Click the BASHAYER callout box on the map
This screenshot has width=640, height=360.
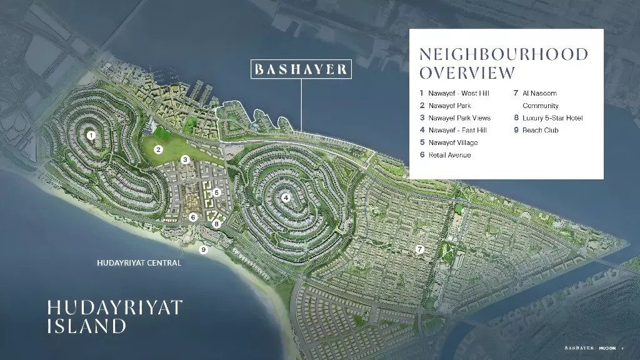pos(301,69)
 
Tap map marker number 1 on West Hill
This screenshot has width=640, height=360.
pos(91,134)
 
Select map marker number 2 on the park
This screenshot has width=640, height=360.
pos(159,149)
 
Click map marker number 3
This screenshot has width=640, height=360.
pos(185,160)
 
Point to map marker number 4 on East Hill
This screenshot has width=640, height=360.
pos(286,198)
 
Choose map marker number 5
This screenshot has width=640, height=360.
pos(216,193)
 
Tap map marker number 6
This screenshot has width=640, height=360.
pos(193,217)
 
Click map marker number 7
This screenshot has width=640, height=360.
pos(420,249)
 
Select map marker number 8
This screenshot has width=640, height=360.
pos(216,224)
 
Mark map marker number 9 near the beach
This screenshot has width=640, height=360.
pos(202,249)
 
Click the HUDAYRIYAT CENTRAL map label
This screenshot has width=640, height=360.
pos(139,263)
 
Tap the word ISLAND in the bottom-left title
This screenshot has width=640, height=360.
pos(86,326)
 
